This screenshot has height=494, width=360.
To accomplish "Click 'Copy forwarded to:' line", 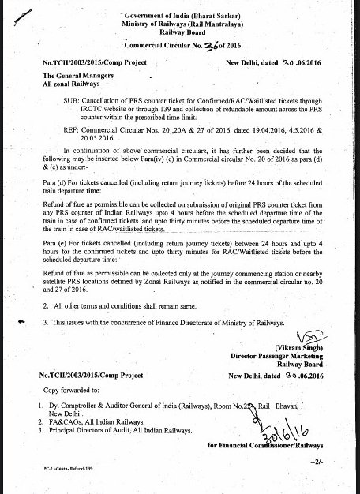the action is click(68, 390).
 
